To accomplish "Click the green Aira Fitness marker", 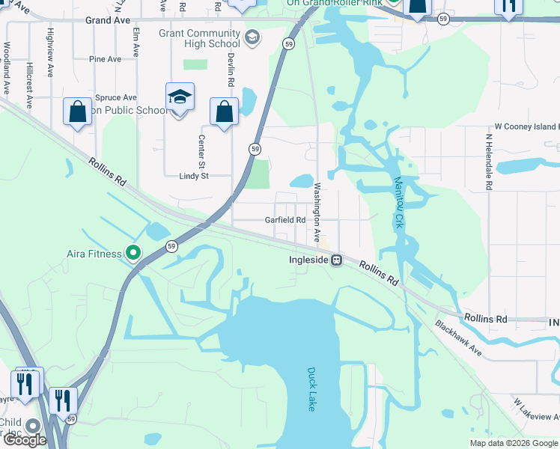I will coord(133,254).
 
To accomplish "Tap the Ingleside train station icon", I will coord(338,260).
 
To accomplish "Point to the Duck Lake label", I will coord(311,388).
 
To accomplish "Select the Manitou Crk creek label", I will coord(397,203).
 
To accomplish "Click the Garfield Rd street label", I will coord(285,220).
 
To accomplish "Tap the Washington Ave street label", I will coord(317,212).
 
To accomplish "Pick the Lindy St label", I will coord(194,176).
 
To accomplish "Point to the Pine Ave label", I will coord(105,59).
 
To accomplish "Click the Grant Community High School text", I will coord(199,39).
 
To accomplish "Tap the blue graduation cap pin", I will coord(180,97).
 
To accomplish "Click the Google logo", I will coord(25,440).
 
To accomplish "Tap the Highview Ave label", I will coord(50,53).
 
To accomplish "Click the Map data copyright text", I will coord(514,443).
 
